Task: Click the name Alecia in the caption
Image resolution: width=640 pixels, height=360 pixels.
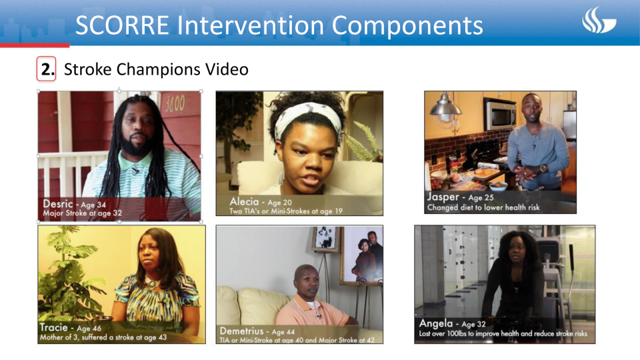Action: pyautogui.click(x=245, y=201)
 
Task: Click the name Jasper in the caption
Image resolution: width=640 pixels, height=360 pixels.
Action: pyautogui.click(x=443, y=197)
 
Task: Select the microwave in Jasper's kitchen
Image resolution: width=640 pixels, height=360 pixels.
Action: pyautogui.click(x=499, y=115)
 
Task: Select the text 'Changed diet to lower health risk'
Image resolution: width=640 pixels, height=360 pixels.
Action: pyautogui.click(x=483, y=208)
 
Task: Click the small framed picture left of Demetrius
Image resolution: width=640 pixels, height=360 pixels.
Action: pyautogui.click(x=325, y=239)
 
